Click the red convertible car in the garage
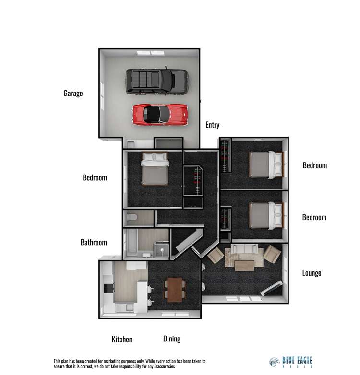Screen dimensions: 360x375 (160, 115)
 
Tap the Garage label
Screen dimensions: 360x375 (73, 94)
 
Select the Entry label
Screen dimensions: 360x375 (212, 125)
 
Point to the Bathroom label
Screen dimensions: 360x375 (94, 242)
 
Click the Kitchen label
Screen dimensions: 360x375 (122, 339)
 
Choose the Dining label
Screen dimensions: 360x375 (172, 339)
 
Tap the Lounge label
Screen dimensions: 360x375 (312, 273)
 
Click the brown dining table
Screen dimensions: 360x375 (175, 289)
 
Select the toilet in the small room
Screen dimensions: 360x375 (132, 217)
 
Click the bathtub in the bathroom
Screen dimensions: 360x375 (132, 242)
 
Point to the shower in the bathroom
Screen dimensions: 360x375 (162, 250)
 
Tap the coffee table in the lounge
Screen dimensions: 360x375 (244, 266)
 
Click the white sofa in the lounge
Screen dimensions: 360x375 (244, 249)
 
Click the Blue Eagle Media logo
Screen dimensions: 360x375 (290, 362)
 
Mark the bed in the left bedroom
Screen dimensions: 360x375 (155, 169)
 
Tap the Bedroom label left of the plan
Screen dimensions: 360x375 (95, 178)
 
